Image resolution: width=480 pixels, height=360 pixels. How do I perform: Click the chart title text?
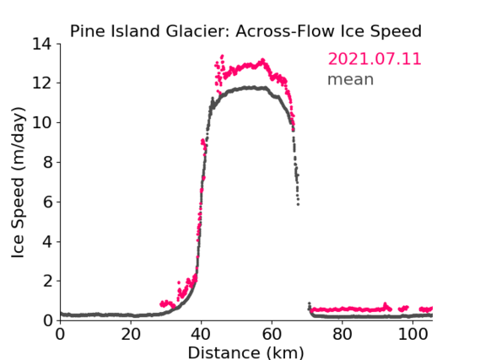[x=245, y=31]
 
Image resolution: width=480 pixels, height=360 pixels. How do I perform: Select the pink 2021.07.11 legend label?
[x=375, y=59]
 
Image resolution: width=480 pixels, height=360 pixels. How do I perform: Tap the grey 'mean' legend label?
[x=351, y=79]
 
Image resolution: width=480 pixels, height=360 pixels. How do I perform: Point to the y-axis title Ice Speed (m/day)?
[x=18, y=183]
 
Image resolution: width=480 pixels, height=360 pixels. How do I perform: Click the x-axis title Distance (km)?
[x=245, y=352]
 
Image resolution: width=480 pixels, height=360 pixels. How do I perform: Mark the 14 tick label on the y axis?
[x=42, y=44]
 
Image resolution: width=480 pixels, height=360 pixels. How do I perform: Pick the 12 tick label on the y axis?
[x=42, y=83]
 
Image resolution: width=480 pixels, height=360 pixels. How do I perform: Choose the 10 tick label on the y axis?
[x=42, y=122]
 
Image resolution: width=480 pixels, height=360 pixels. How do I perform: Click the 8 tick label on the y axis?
[x=47, y=162]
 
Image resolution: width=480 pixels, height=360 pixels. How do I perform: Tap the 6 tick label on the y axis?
[x=47, y=201]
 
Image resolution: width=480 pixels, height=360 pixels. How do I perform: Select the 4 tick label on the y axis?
[x=47, y=242]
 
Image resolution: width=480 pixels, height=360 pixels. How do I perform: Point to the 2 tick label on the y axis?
[x=47, y=281]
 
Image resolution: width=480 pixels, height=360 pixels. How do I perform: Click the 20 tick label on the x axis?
[x=131, y=334]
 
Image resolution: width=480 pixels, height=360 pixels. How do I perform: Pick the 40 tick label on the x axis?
[x=201, y=334]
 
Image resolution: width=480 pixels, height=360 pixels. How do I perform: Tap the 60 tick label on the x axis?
[x=272, y=334]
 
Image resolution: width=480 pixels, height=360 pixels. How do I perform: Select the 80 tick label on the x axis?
[x=342, y=334]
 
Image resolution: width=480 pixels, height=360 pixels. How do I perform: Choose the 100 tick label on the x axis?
[x=413, y=334]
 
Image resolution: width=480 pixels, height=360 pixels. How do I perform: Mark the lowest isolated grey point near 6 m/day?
[x=298, y=204]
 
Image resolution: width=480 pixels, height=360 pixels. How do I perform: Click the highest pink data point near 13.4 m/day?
[x=222, y=56]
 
